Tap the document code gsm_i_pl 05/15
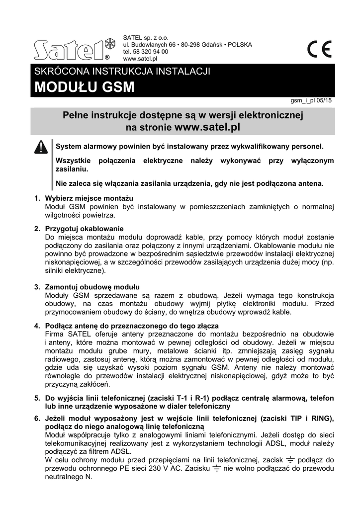311,100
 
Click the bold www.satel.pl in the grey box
208,127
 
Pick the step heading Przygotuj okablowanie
84,229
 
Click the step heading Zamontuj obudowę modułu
92,287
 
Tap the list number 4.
37,326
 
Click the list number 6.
37,418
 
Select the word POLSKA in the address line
240,45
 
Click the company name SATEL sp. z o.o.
146,37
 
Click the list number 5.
37,398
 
